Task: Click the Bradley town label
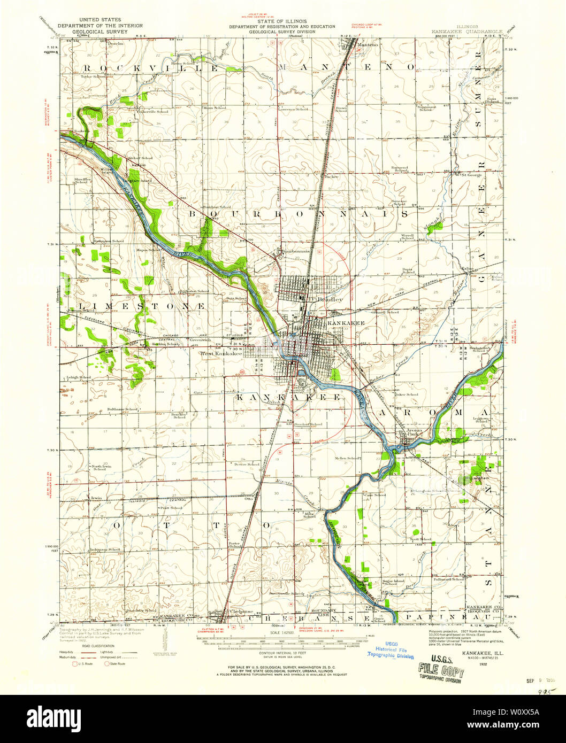pyautogui.click(x=330, y=300)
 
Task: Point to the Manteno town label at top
pyautogui.click(x=368, y=45)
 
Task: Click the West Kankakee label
pyautogui.click(x=220, y=353)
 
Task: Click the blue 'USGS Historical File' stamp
pyautogui.click(x=390, y=649)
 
